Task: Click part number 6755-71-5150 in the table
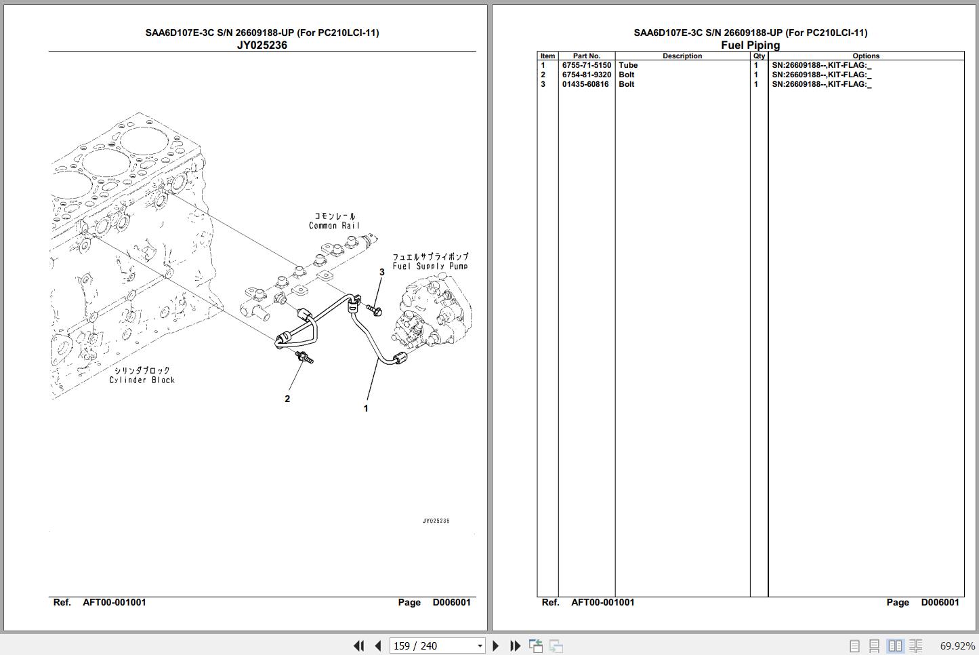(586, 66)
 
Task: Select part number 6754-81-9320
(586, 75)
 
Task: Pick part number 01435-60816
(585, 85)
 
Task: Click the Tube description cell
(628, 66)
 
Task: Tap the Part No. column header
(586, 56)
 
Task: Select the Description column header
(682, 56)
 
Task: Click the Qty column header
(759, 56)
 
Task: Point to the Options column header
(866, 56)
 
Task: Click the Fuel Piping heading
(750, 45)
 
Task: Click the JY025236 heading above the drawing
(262, 45)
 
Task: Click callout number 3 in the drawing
(381, 272)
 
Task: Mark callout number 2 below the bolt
(287, 399)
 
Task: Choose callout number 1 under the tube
(366, 408)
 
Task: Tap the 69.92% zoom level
(957, 646)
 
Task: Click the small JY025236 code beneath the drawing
(436, 521)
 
